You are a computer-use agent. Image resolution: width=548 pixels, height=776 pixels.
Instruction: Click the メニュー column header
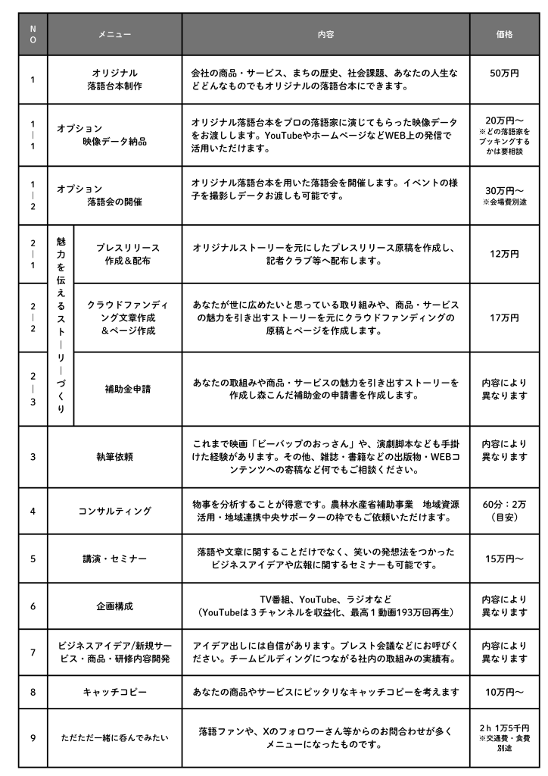pos(114,34)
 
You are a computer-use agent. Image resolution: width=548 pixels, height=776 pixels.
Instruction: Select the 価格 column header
pos(504,34)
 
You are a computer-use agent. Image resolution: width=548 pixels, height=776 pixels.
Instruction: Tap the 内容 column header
pos(325,34)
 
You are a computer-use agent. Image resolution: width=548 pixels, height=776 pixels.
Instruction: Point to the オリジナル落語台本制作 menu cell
pos(114,80)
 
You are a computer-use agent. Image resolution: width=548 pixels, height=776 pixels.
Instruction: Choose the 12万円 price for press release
pos(504,254)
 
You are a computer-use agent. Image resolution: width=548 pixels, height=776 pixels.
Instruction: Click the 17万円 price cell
pos(504,317)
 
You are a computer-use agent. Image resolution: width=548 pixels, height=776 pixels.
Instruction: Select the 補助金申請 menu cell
pos(127,389)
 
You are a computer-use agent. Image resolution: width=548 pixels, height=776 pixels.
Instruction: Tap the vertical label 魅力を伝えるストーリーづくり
pos(61,324)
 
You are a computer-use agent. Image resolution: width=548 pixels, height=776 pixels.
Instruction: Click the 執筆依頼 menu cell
pos(114,456)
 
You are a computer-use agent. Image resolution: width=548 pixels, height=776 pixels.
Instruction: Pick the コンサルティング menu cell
pos(114,511)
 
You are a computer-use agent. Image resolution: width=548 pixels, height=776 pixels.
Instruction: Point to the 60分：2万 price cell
pos(504,511)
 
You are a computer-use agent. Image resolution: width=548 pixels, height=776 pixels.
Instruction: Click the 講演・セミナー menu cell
pos(114,559)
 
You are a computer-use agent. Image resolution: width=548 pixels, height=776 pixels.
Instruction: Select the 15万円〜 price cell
pos(504,559)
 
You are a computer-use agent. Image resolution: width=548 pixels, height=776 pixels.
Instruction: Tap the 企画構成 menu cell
pos(114,605)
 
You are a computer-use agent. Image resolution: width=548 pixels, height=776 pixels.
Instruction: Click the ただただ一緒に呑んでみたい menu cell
pos(114,737)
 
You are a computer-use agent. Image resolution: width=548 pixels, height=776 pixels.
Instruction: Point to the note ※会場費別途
pos(504,203)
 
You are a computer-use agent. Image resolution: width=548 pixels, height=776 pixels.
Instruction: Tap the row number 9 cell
pos(33,737)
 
